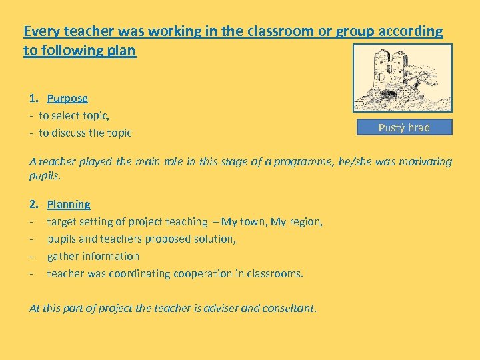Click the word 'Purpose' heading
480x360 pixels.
(67, 98)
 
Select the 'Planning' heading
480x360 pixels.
(69, 204)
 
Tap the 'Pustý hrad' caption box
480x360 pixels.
(404, 127)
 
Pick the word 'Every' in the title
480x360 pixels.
(41, 31)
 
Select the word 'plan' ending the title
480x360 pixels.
(123, 51)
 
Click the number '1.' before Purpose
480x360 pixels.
(35, 98)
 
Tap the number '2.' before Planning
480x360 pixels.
(35, 204)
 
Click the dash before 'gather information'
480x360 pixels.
(32, 256)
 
